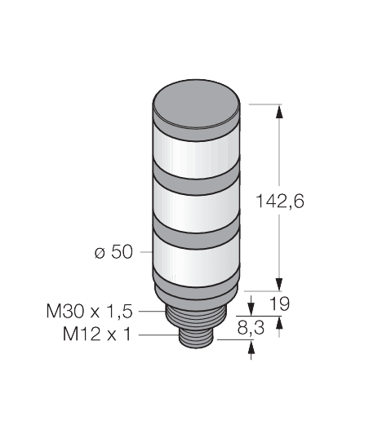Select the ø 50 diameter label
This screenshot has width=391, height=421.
tap(113, 252)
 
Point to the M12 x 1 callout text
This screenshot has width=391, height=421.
tap(98, 335)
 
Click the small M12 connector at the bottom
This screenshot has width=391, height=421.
tap(198, 338)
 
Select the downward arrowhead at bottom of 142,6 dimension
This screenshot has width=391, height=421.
tap(280, 281)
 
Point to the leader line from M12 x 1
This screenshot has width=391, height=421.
tap(155, 335)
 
